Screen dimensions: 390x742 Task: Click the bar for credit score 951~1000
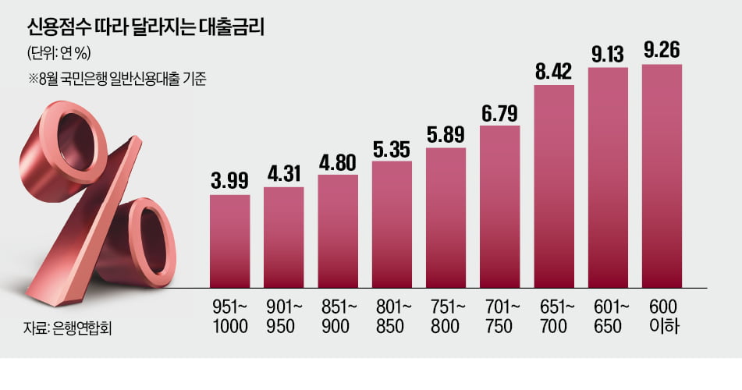(x=229, y=243)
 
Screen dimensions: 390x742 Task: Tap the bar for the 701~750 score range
(x=499, y=207)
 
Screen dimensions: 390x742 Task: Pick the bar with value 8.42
(x=554, y=187)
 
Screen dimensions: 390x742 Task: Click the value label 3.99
(x=229, y=182)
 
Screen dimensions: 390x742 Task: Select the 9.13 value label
(x=608, y=55)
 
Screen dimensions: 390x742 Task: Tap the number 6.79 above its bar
(x=500, y=112)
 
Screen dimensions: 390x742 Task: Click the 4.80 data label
(x=338, y=161)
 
